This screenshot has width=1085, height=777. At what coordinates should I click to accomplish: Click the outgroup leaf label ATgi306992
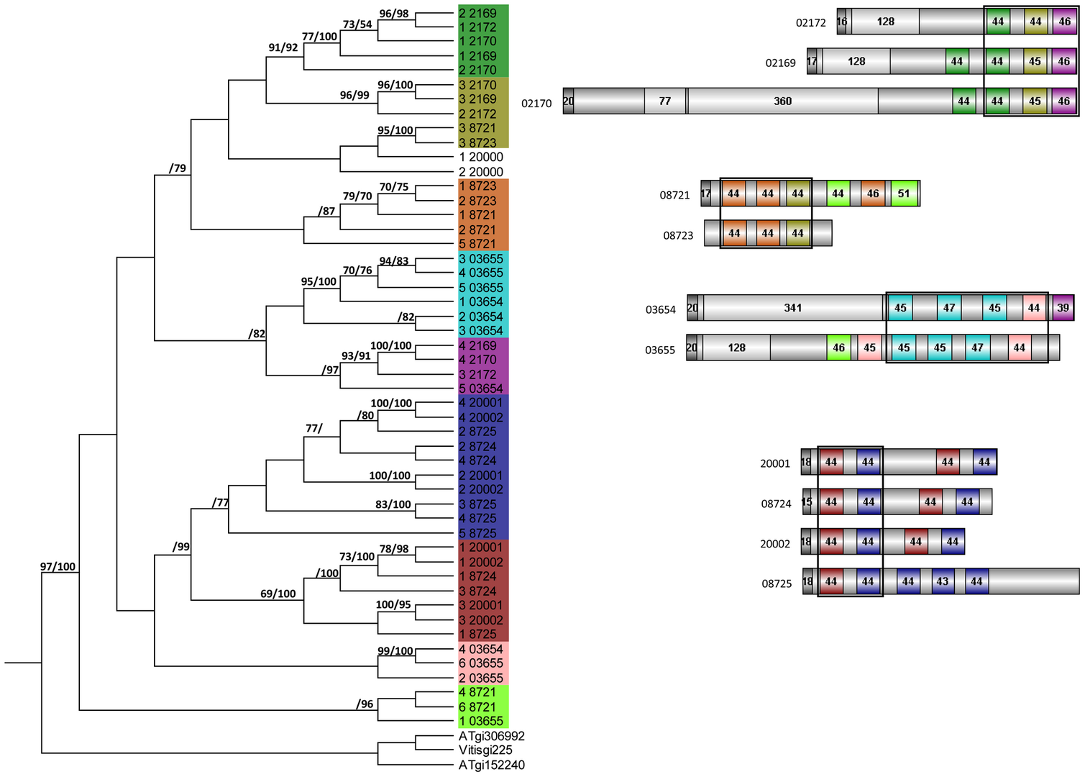coord(492,736)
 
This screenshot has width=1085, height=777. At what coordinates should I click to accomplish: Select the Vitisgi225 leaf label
coord(485,750)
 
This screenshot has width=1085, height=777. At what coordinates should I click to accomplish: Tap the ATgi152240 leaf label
coord(492,765)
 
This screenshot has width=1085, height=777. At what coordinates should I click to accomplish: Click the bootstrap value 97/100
coord(58,566)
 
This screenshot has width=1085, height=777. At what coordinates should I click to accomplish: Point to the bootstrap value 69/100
coord(278,594)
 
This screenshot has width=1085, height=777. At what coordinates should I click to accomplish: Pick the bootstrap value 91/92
coord(283,47)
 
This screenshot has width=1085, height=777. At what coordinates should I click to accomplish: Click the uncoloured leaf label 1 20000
coord(481,157)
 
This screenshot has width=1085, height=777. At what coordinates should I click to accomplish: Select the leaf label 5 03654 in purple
coord(481,388)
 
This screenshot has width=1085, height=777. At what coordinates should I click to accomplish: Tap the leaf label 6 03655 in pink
coord(481,663)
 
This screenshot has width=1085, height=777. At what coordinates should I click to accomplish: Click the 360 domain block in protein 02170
coord(782,101)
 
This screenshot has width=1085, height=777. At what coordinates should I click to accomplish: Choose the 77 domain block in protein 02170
coord(665,101)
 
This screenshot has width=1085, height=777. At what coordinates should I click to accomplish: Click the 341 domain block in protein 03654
coord(792,308)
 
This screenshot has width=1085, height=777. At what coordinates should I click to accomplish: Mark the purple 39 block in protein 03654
coord(1063,308)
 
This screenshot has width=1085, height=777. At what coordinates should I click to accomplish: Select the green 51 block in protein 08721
coord(904,194)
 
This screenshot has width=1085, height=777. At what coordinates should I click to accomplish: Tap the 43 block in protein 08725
coord(942,581)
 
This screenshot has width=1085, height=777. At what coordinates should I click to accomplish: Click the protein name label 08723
coord(678,235)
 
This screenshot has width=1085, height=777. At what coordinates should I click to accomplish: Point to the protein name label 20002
coord(775,544)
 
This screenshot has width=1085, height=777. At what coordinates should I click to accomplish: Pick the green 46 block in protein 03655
coord(838,347)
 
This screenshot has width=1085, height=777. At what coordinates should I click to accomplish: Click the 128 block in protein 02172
coord(885,22)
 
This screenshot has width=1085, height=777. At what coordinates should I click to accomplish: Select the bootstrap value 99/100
coord(395,651)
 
